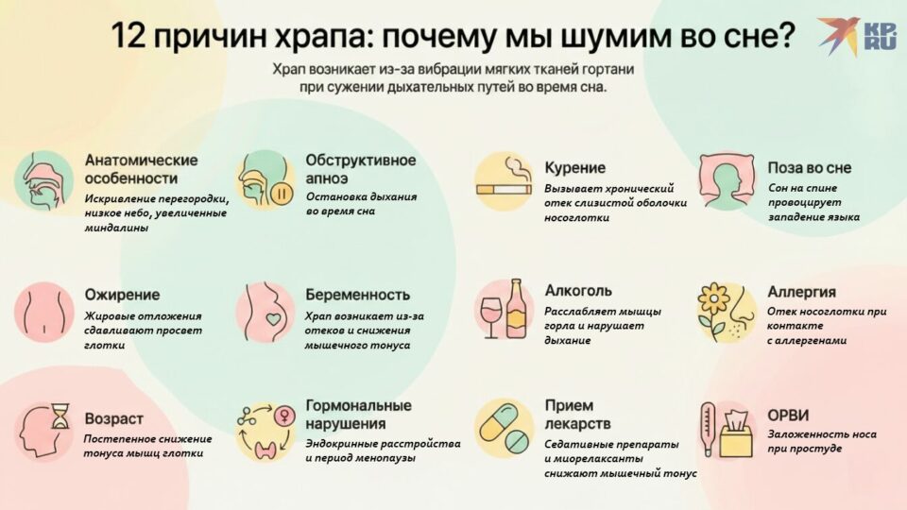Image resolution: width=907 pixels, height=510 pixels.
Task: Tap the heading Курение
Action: tap(574, 167)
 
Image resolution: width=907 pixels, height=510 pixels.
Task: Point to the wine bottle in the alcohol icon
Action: tap(516, 308)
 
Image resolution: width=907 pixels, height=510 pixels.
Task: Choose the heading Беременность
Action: tap(357, 294)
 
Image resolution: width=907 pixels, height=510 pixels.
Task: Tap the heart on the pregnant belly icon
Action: tap(273, 319)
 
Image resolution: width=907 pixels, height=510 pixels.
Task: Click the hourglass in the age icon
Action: tap(60, 416)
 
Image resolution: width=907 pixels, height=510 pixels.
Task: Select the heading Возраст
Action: tap(113, 417)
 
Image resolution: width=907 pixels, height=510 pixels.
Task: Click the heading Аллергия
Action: tap(801, 292)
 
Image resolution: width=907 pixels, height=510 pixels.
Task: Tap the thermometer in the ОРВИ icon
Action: tap(708, 428)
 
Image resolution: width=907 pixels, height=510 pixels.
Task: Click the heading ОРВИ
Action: tap(788, 415)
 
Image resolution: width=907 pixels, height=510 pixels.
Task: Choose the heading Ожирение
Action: tap(122, 294)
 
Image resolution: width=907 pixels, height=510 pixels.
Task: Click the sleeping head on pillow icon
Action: tap(730, 181)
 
